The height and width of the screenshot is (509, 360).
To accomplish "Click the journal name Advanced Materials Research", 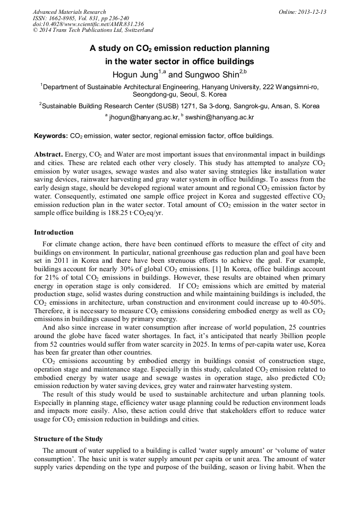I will pos(69,12).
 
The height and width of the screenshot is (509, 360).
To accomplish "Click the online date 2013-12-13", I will pos(311,12).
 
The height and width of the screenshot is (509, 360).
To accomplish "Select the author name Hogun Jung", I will pos(135,75).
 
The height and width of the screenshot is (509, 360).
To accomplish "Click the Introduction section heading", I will pos(54,232).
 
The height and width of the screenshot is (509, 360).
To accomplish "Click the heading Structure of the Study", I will pos(68,439).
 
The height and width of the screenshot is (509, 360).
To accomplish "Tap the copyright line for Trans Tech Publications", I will pos(93,30).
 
